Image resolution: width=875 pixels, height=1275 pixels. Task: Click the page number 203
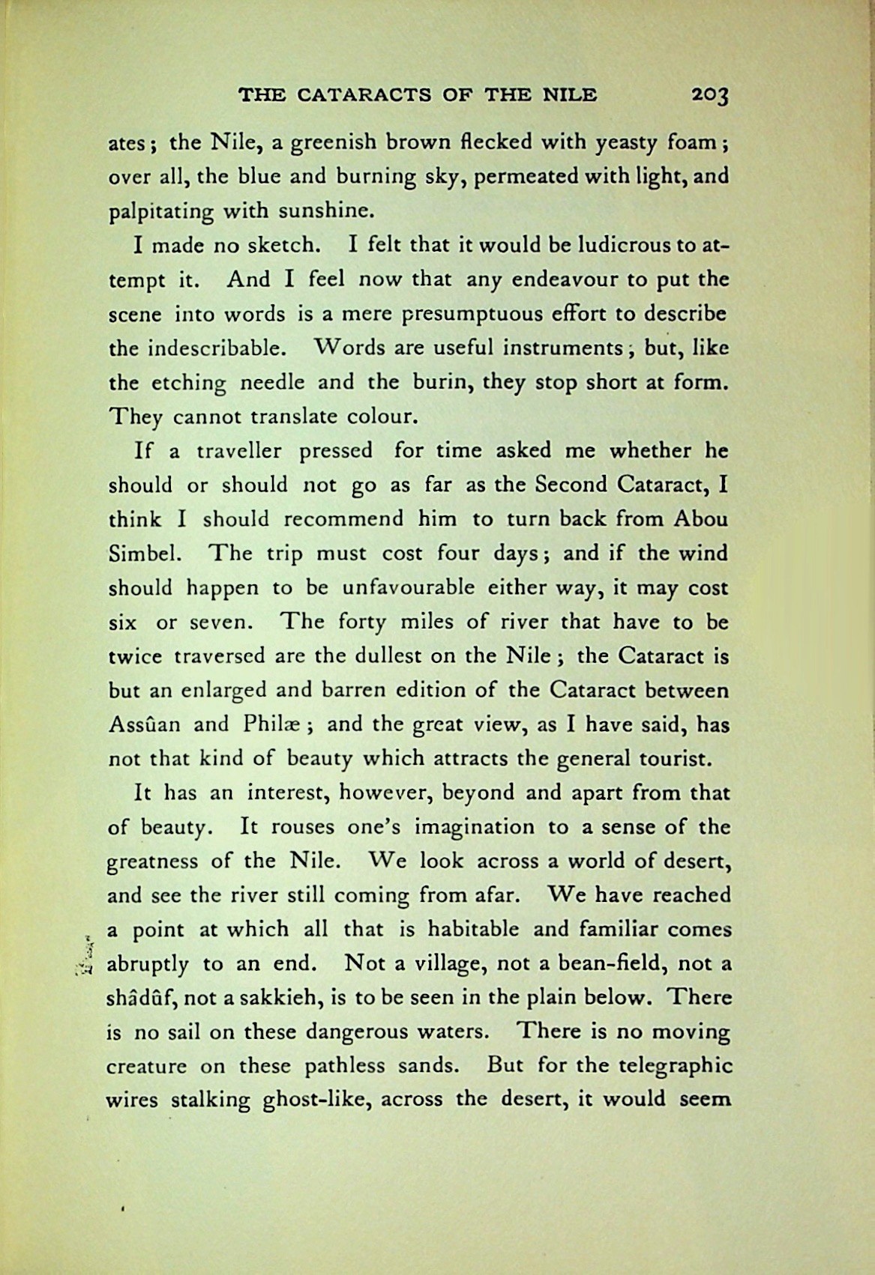pos(710,95)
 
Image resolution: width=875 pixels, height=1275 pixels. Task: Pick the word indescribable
pos(212,348)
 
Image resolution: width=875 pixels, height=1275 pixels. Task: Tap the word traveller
pos(239,451)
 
